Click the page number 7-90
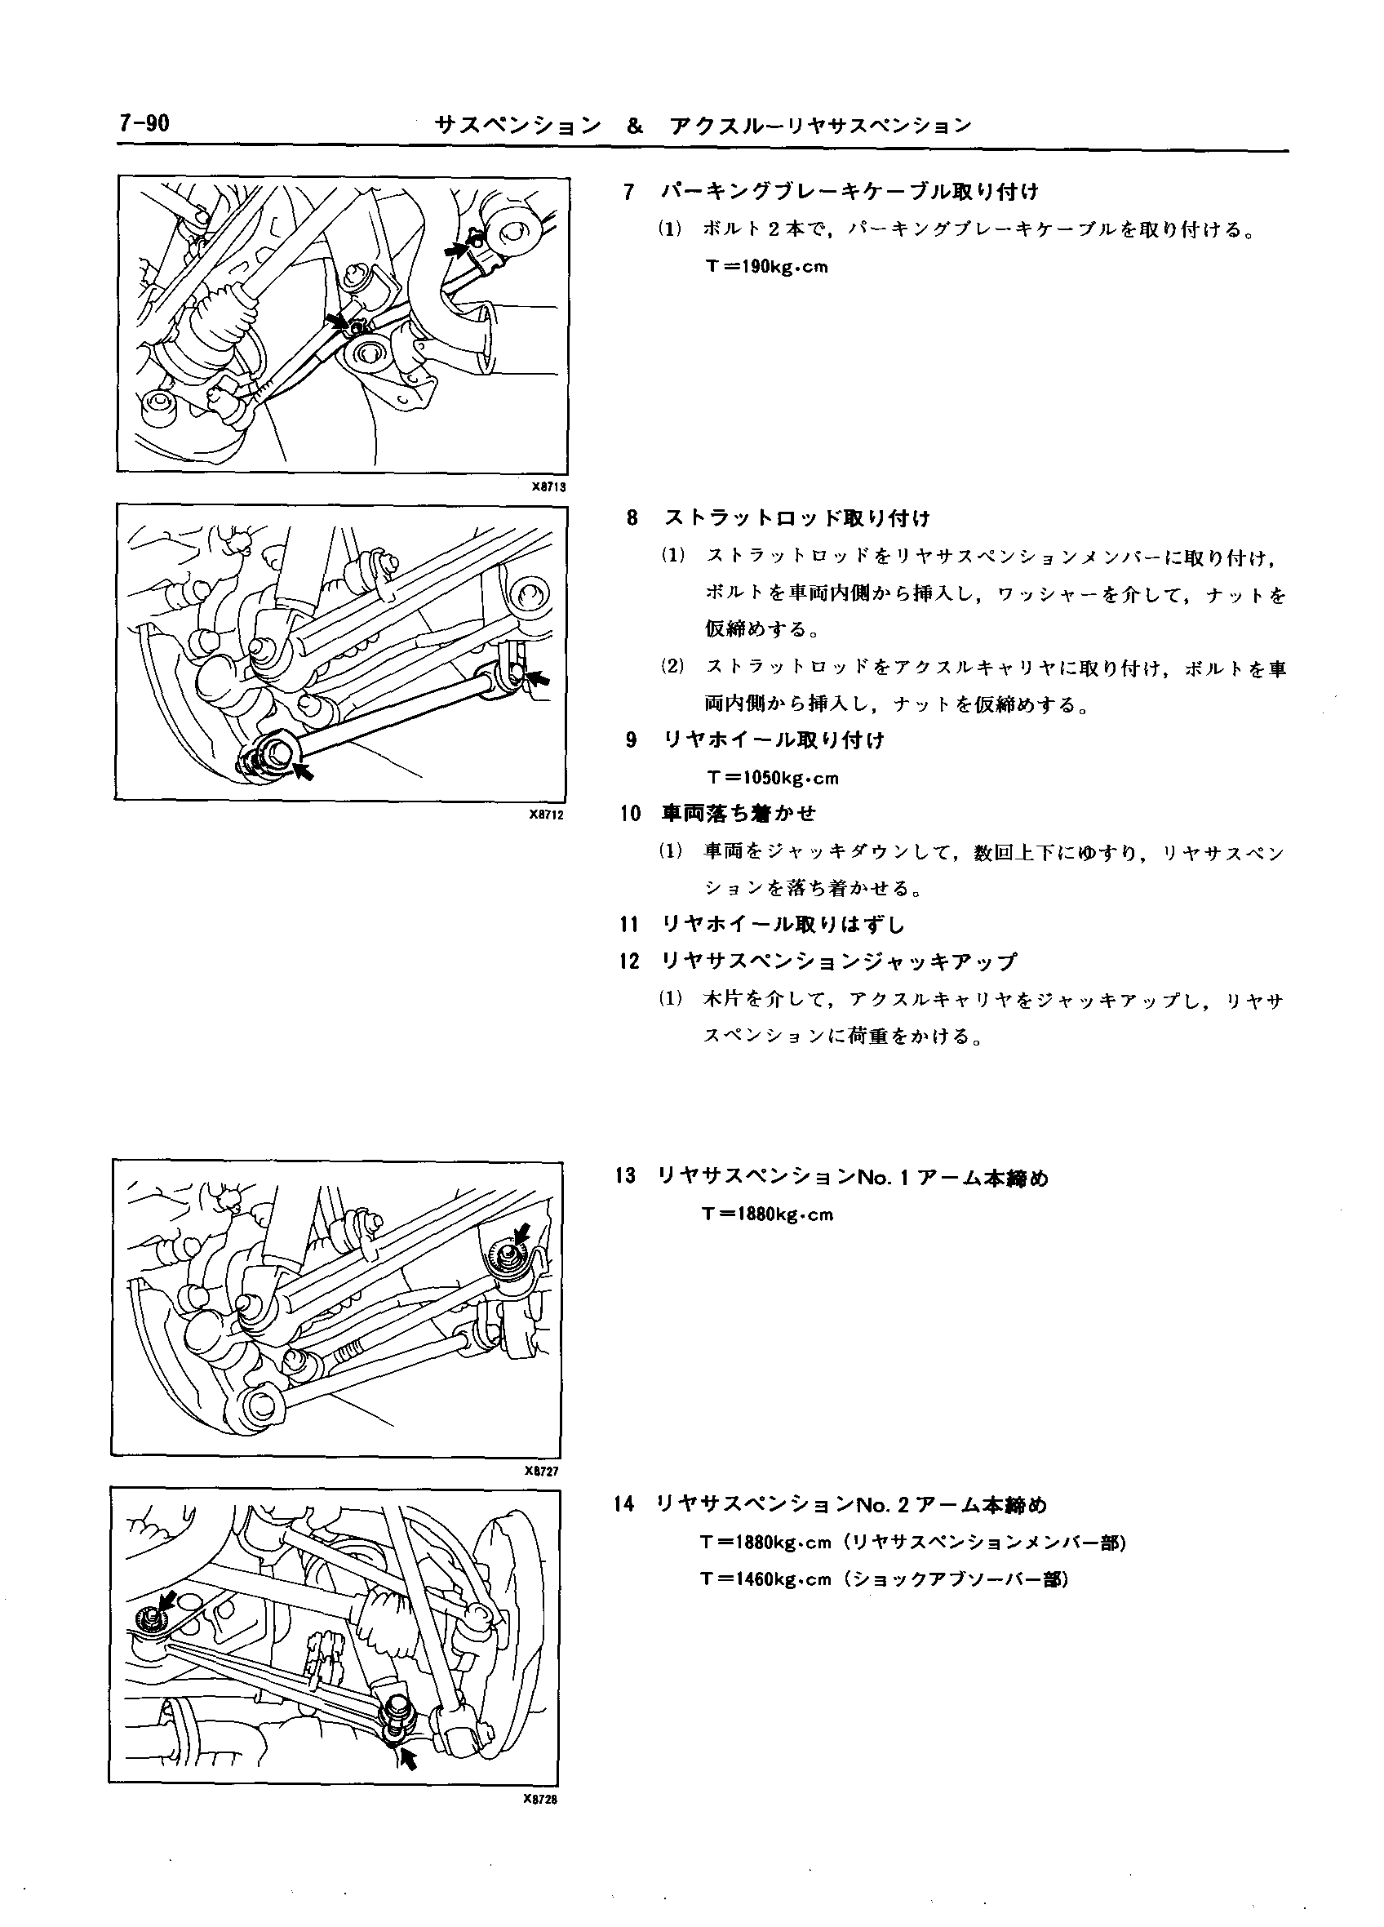point(144,124)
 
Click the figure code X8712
point(545,814)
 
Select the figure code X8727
point(541,1472)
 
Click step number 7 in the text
point(628,192)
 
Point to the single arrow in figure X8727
point(521,1232)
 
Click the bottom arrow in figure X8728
point(409,1756)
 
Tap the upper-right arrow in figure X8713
point(457,249)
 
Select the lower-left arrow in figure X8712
point(302,770)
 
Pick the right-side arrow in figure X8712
point(537,678)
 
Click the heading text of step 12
point(839,961)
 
